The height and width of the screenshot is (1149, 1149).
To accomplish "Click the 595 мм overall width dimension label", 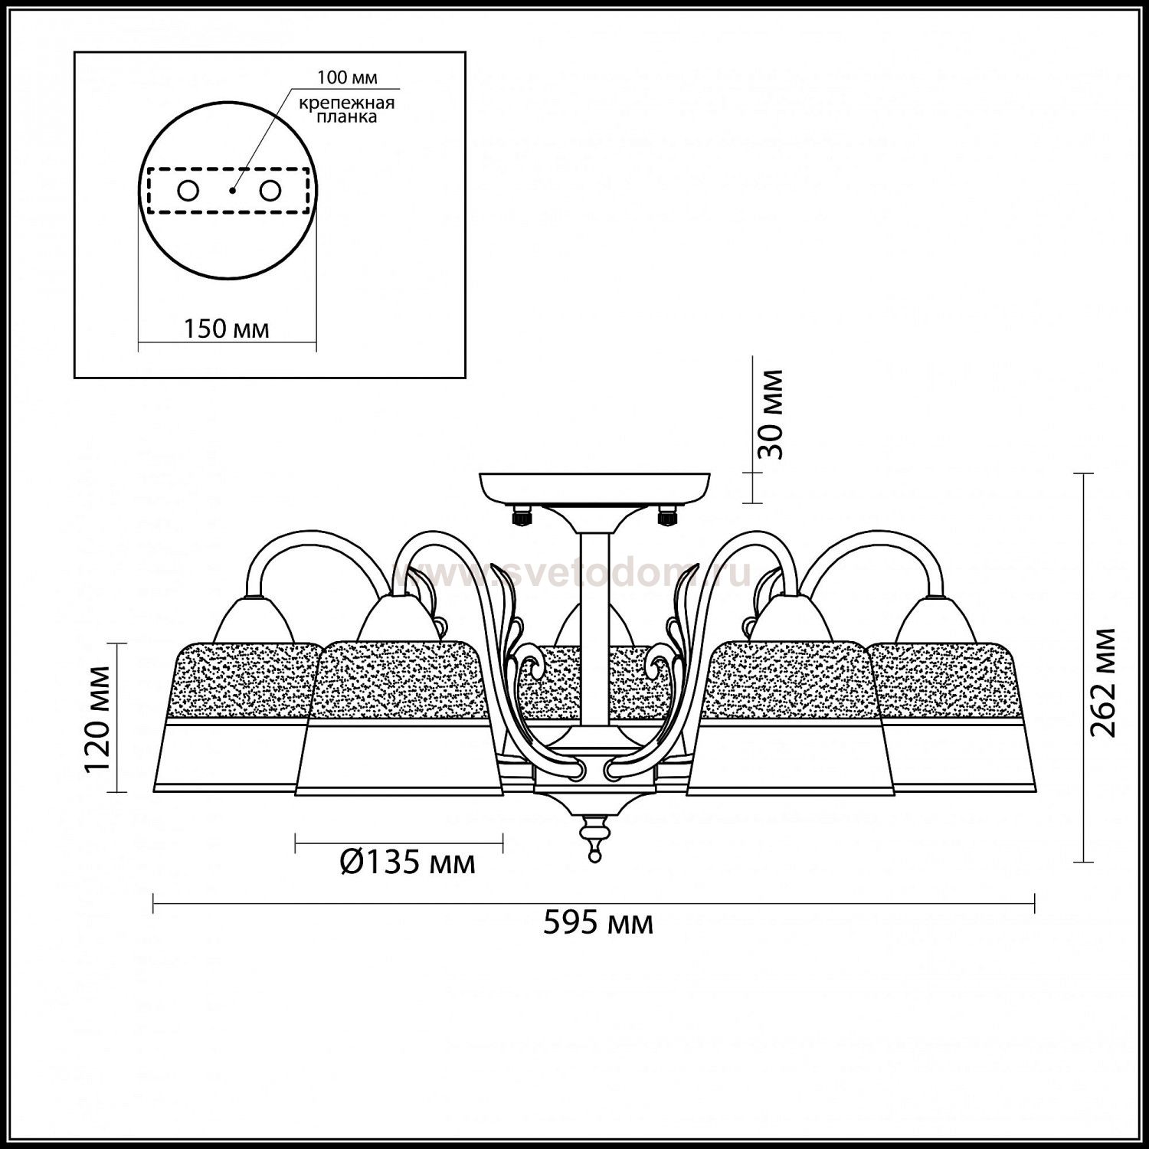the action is click(x=598, y=923).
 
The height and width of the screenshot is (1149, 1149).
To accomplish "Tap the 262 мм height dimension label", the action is click(x=1102, y=682).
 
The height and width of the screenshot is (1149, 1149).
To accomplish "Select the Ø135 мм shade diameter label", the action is click(x=407, y=863).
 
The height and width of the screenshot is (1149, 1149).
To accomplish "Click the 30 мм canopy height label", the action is click(x=771, y=414).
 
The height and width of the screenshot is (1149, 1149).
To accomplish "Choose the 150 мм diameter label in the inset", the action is click(x=226, y=329).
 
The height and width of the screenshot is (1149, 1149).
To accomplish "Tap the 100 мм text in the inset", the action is click(x=347, y=78).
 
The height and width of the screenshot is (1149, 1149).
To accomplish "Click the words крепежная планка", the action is click(x=346, y=110).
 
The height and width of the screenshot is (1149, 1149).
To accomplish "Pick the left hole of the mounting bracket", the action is click(x=188, y=190).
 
